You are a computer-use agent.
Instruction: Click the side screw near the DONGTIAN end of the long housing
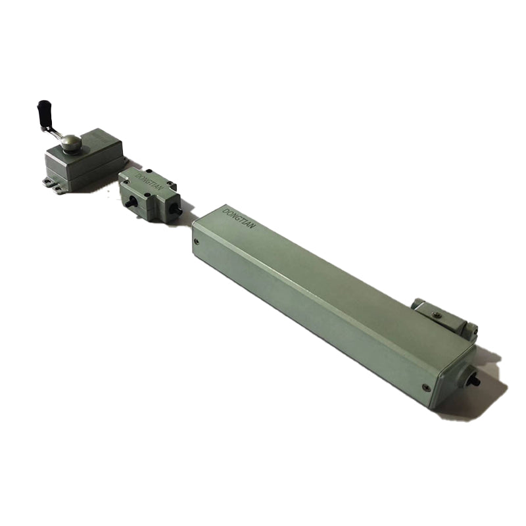tap(197, 241)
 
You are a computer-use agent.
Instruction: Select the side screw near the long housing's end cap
tap(426, 387)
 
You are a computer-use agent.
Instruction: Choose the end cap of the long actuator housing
tap(460, 378)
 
